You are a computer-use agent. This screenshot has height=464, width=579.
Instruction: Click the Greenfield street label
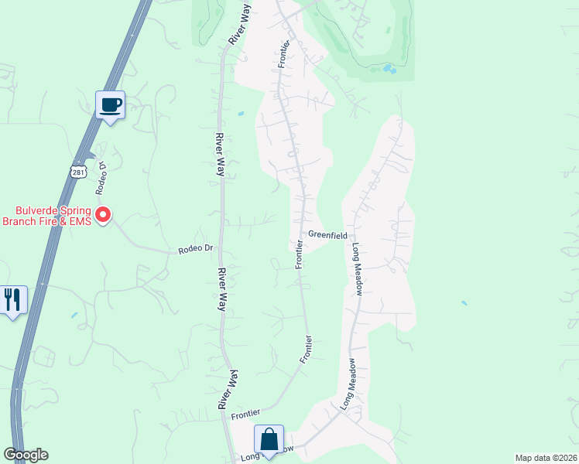326,234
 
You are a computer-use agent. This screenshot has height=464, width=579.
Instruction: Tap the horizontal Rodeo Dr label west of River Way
195,249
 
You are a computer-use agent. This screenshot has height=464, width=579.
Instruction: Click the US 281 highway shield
77,172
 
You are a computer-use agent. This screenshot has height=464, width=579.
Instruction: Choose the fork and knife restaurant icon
12,300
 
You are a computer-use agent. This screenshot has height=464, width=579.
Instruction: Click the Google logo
26,455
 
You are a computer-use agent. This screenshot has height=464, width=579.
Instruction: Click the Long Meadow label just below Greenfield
358,268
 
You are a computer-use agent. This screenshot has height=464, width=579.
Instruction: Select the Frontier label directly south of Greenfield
298,254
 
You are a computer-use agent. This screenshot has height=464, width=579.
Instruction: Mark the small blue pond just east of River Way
241,114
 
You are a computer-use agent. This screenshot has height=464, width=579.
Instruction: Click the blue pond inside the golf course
389,69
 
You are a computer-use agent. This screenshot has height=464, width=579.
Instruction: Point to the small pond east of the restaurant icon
74,315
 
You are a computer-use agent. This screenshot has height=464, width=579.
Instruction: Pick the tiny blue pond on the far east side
464,302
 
